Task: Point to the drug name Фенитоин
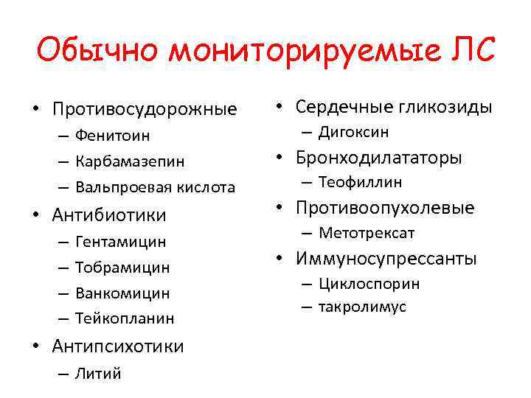(x=113, y=136)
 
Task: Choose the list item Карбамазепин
(x=130, y=161)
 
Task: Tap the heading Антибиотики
(x=109, y=215)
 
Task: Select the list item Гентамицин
(x=120, y=241)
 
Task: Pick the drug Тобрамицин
(x=122, y=267)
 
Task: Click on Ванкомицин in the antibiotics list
(x=122, y=293)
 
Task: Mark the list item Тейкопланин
(x=125, y=318)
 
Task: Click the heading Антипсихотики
(x=118, y=346)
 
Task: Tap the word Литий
(x=98, y=373)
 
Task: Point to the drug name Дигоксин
(x=354, y=132)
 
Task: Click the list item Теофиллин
(x=361, y=182)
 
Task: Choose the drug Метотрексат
(x=367, y=233)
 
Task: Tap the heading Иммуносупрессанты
(x=386, y=259)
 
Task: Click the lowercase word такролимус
(x=362, y=307)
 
